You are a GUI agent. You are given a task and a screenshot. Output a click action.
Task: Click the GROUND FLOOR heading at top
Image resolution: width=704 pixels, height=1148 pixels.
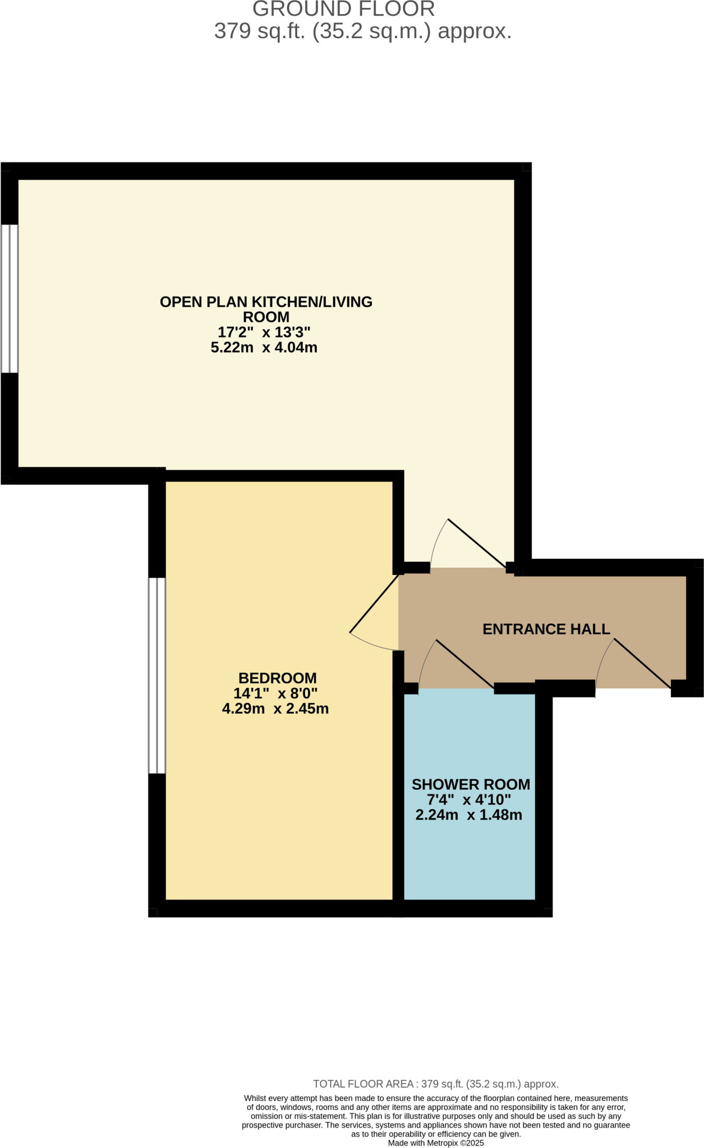tap(343, 9)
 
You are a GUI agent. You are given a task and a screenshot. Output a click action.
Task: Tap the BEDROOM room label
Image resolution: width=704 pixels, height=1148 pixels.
tap(277, 678)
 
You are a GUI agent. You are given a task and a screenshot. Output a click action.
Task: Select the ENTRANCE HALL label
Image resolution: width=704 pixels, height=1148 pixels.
tap(546, 629)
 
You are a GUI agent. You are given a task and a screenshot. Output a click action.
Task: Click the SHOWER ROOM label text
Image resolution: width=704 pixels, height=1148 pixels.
tap(471, 784)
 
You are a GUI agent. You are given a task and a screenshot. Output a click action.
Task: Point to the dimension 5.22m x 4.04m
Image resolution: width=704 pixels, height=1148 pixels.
tap(264, 348)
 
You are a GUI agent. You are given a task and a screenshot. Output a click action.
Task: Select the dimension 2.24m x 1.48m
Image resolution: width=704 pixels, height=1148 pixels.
tap(468, 815)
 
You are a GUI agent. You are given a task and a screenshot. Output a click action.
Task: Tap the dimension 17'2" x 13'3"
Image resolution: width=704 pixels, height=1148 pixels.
tap(264, 332)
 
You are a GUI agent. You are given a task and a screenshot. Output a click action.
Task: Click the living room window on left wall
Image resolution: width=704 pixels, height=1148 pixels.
tap(10, 298)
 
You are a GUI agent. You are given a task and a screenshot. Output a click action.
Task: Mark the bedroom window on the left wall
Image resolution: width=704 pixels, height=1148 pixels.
tap(157, 675)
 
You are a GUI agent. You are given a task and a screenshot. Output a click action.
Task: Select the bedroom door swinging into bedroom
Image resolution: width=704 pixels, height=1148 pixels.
tap(374, 604)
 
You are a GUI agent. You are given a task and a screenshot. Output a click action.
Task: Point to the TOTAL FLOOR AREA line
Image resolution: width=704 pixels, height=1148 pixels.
tap(435, 1084)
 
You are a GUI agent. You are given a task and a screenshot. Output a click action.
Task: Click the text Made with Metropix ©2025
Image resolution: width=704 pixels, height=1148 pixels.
tap(435, 1143)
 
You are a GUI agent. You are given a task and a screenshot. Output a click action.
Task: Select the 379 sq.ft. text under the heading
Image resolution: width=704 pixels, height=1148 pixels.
tap(362, 31)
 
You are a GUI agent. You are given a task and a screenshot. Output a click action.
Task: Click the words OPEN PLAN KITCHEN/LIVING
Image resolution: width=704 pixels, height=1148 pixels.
tap(266, 302)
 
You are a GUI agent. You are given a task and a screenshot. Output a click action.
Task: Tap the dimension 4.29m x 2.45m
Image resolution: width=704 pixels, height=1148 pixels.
tap(275, 709)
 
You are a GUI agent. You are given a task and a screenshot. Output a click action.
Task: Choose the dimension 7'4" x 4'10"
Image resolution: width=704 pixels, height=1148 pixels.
tap(468, 800)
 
